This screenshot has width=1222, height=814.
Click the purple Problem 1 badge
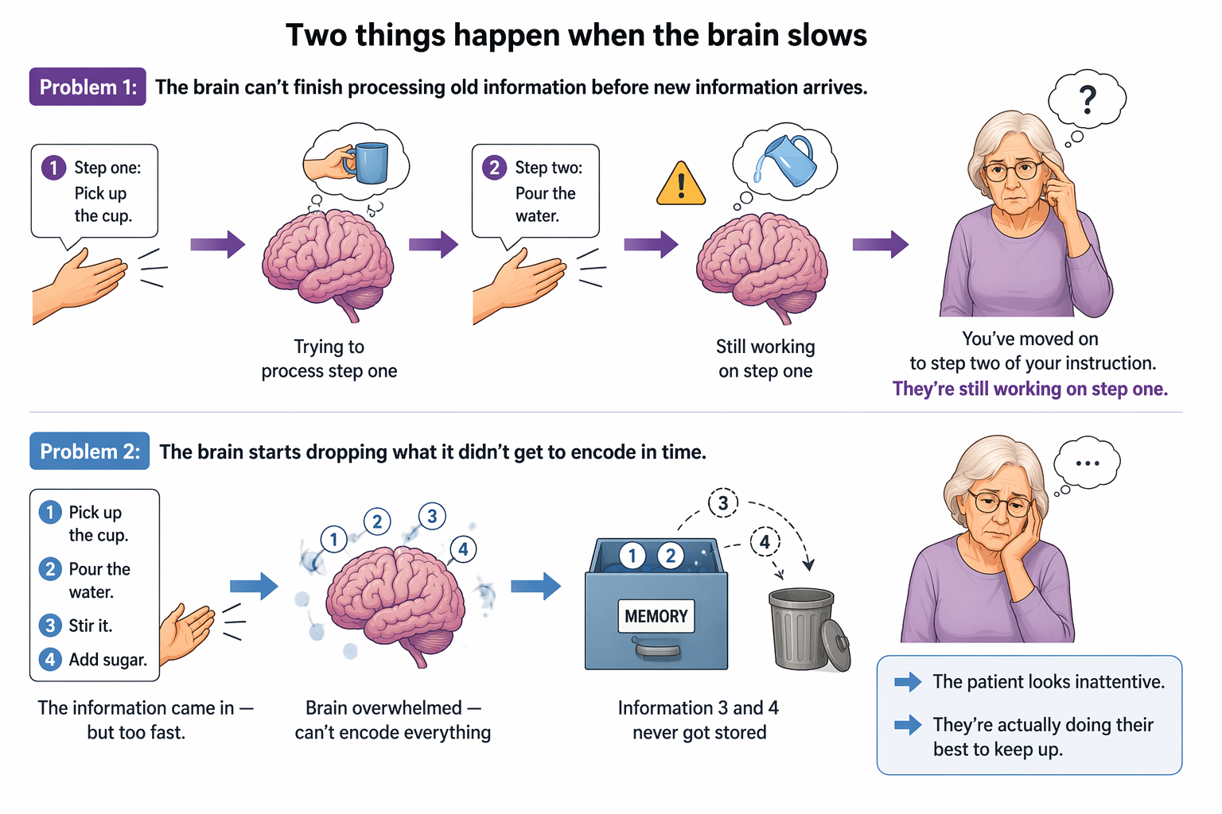click(88, 87)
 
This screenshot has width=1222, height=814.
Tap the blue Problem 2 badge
click(89, 451)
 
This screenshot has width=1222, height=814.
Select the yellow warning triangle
click(681, 183)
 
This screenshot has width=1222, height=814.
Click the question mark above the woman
click(1088, 100)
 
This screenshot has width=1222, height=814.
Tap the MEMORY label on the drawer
click(656, 616)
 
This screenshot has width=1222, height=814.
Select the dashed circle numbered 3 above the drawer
click(723, 502)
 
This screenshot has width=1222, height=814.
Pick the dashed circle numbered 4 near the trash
click(765, 542)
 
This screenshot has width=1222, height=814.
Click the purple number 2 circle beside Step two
click(495, 168)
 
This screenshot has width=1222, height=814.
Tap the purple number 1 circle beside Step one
click(54, 168)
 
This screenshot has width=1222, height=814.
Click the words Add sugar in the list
click(108, 660)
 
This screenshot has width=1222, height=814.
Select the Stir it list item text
click(91, 626)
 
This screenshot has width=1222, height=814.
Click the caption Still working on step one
click(765, 359)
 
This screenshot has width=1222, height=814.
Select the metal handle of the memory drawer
click(657, 650)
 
